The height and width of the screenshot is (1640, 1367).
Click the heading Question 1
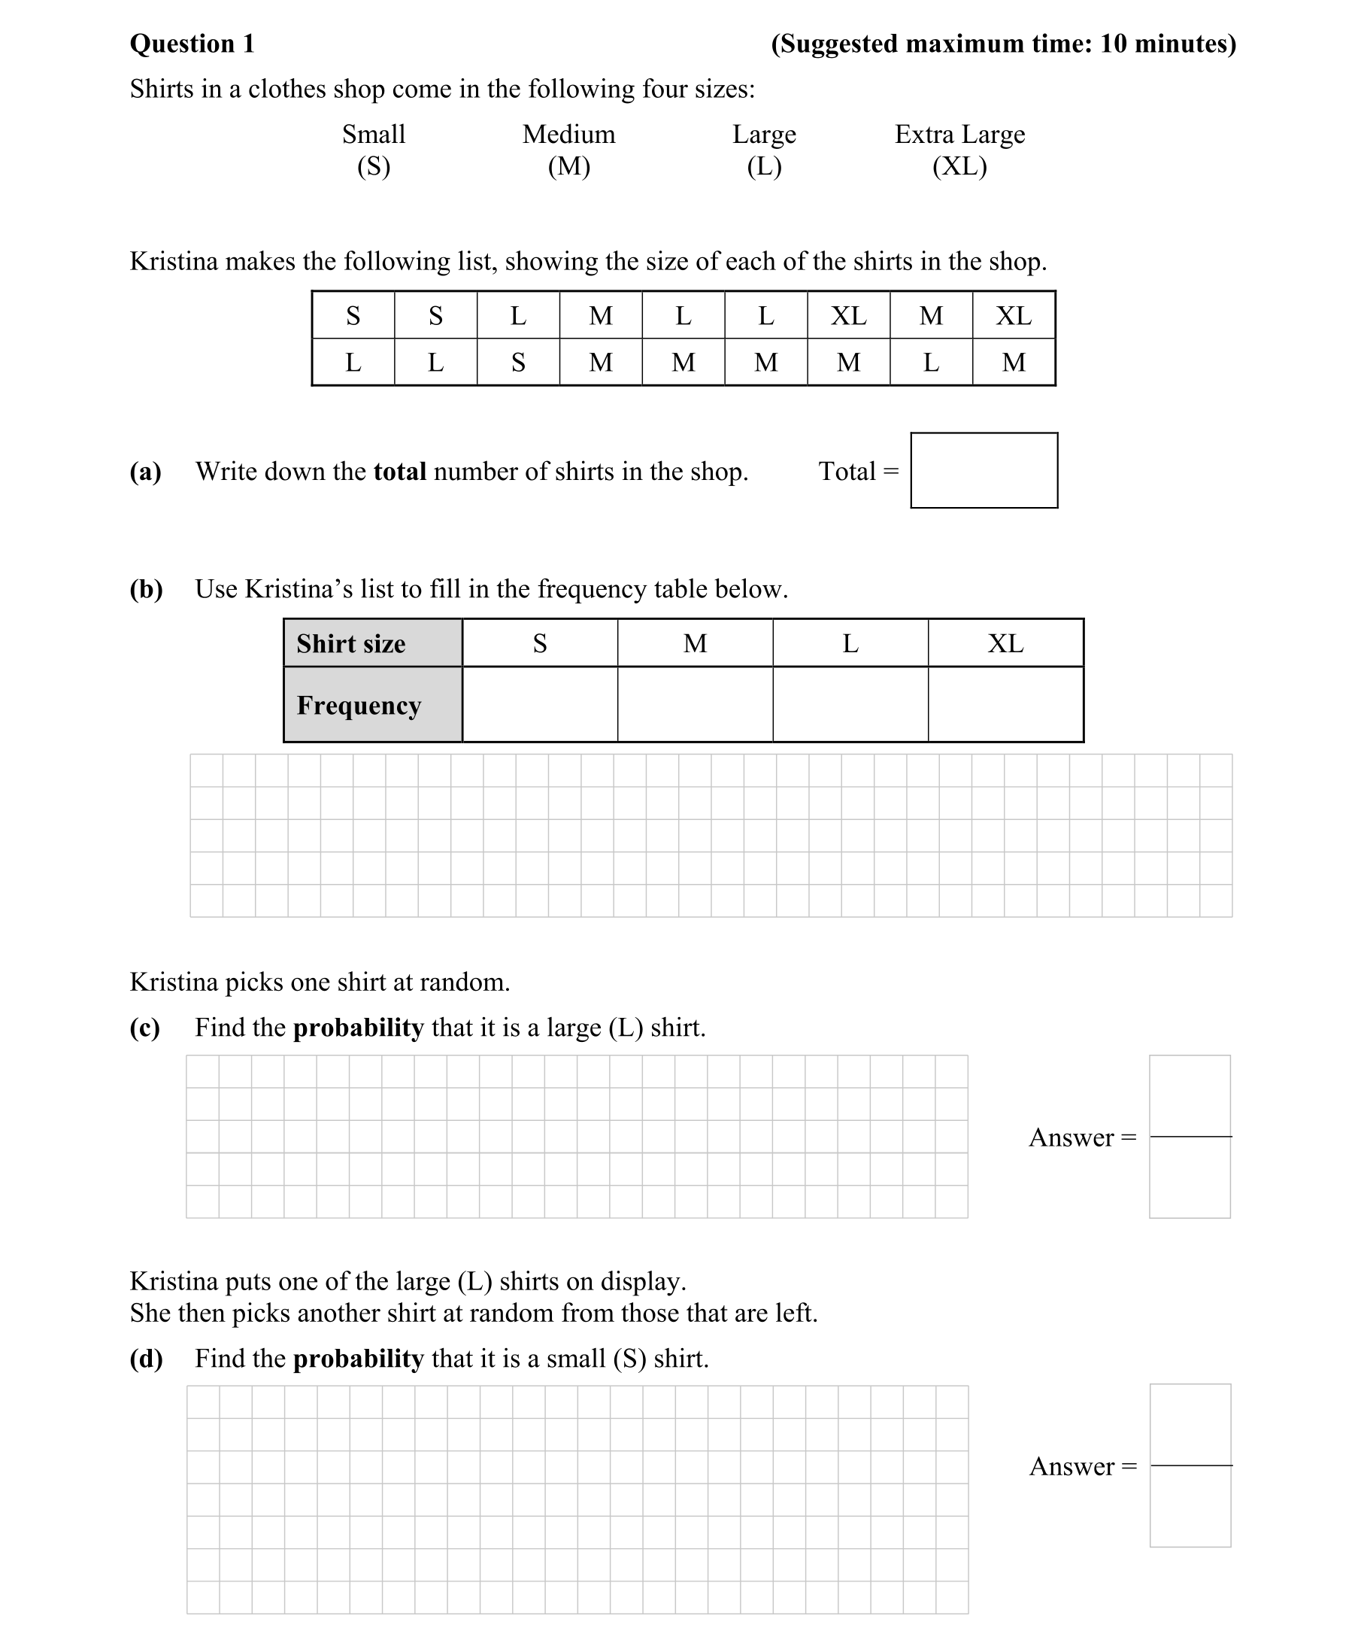(x=192, y=44)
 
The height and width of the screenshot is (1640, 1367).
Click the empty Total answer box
(x=984, y=470)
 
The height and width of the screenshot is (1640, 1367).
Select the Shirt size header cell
(x=372, y=642)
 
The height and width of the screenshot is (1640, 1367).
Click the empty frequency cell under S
(x=539, y=703)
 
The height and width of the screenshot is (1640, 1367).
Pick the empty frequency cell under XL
(x=1005, y=703)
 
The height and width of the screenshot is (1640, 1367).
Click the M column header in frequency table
(x=695, y=642)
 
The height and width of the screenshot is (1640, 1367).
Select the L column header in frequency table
(x=850, y=642)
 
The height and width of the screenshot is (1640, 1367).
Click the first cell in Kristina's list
(x=353, y=315)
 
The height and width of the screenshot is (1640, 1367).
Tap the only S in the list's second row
(x=517, y=363)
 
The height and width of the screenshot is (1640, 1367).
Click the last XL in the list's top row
(x=1014, y=315)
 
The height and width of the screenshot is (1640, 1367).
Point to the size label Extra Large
(x=959, y=135)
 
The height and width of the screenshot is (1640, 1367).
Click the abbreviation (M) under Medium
(x=568, y=166)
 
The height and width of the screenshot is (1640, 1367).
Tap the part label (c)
(x=145, y=1027)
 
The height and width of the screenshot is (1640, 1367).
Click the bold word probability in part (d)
(x=359, y=1358)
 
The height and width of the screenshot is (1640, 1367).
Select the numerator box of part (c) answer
(x=1190, y=1095)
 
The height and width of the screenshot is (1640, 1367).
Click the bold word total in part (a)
(x=400, y=471)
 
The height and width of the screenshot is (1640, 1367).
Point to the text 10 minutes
(x=1163, y=44)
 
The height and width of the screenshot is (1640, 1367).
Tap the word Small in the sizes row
(x=373, y=135)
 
